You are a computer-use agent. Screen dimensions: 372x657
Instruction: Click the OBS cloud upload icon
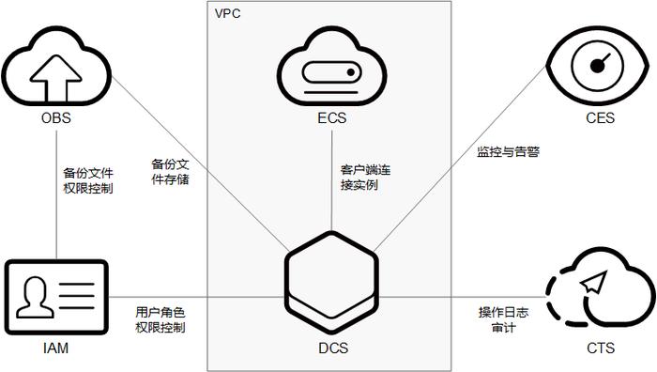pyautogui.click(x=55, y=67)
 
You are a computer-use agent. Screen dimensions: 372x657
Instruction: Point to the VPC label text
pyautogui.click(x=228, y=13)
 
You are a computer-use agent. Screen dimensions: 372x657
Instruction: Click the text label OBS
pyautogui.click(x=56, y=120)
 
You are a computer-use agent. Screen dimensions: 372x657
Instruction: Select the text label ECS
pyautogui.click(x=332, y=121)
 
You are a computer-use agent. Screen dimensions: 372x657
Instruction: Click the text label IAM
pyautogui.click(x=56, y=349)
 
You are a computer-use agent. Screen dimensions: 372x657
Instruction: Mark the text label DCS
pyautogui.click(x=331, y=349)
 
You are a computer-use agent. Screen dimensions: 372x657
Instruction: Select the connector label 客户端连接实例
pyautogui.click(x=359, y=178)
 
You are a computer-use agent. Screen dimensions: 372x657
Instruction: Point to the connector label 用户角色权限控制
pyautogui.click(x=160, y=319)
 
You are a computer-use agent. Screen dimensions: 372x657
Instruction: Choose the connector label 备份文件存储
pyautogui.click(x=170, y=171)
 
